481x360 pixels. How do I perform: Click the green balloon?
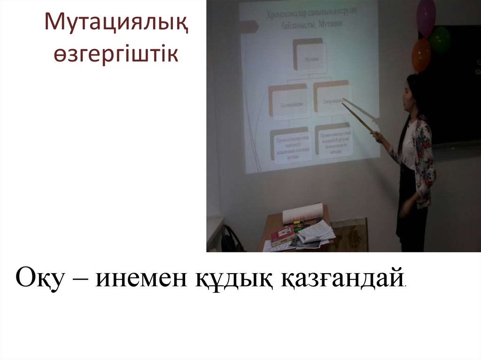click(441, 39)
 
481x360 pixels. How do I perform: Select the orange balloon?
click(421, 55)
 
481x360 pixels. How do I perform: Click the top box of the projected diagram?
click(308, 56)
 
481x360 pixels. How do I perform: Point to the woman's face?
click(407, 96)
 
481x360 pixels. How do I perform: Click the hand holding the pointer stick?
click(376, 136)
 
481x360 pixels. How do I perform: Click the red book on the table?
click(282, 234)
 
